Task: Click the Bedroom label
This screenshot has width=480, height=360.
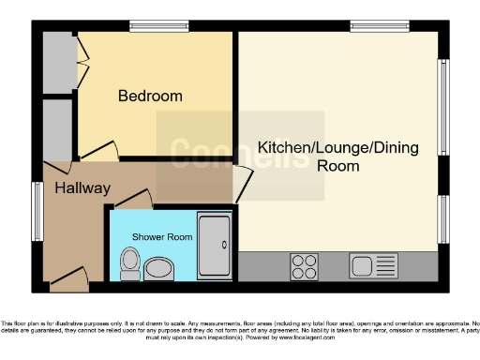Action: point(150,96)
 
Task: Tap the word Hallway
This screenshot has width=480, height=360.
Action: point(82,188)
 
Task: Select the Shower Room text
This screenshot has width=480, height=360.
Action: point(162,237)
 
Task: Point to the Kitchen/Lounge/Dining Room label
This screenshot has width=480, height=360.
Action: point(309,157)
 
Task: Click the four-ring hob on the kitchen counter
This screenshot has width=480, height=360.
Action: point(305,266)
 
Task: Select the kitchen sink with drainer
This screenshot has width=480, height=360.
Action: point(374,266)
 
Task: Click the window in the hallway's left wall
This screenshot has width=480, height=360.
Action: point(38,212)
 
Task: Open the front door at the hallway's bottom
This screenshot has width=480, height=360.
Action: point(67,276)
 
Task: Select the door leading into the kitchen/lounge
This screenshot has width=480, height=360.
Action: point(242,184)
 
